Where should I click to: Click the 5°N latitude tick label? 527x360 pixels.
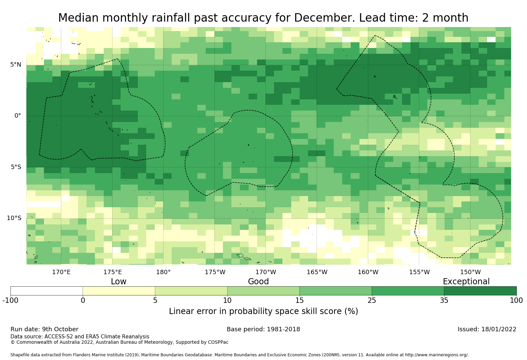[x=16, y=65]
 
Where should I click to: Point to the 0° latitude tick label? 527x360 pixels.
[x=18, y=116]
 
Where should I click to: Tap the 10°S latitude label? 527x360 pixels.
[x=14, y=218]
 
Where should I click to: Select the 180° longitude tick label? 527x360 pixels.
[x=163, y=272]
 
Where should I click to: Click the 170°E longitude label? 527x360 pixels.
[x=61, y=272]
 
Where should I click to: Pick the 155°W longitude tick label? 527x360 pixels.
[x=419, y=272]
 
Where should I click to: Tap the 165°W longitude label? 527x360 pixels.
[x=317, y=272]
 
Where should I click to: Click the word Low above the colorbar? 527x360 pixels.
[x=119, y=282]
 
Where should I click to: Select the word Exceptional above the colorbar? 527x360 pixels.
[x=466, y=282]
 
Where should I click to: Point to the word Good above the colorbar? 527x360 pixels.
[x=258, y=282]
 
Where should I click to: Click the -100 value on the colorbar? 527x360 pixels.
[x=10, y=301]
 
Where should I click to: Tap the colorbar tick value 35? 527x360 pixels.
[x=444, y=301]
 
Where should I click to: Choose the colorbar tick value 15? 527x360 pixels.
[x=300, y=301]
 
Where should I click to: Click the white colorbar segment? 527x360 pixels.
[x=47, y=291]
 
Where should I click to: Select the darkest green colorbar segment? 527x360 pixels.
[x=480, y=291]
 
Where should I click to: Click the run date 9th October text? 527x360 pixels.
[x=60, y=329]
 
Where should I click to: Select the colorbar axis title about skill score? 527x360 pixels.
[x=263, y=311]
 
